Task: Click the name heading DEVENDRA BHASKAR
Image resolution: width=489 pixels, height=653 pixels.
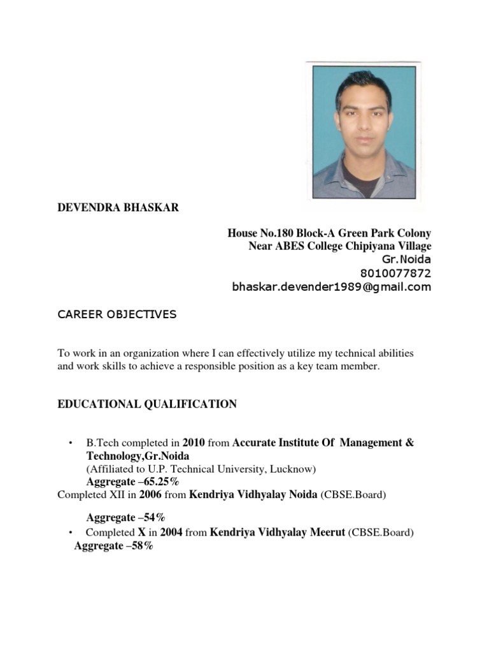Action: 118,209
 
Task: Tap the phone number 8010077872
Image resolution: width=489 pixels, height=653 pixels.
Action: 395,274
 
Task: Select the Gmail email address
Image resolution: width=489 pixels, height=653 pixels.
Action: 331,287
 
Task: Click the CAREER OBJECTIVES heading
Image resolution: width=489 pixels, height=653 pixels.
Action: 117,314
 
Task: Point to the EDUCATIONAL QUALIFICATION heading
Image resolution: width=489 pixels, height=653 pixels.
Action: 147,404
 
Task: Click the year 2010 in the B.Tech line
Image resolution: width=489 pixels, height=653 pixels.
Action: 194,443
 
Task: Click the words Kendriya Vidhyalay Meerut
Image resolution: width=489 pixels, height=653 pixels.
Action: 278,532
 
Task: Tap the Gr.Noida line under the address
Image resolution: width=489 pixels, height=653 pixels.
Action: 406,260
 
